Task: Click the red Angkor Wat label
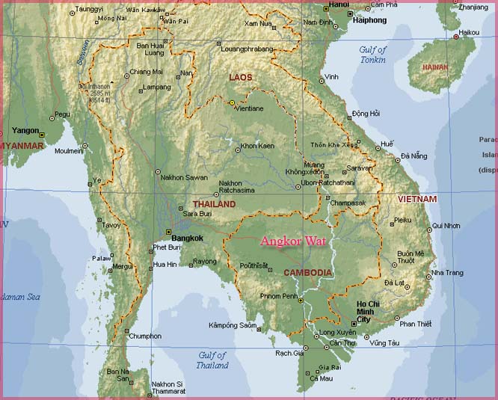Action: (294, 241)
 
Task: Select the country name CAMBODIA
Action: (307, 273)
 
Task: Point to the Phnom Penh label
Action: (278, 297)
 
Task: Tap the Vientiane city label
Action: (249, 108)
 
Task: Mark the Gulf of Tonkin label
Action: (372, 54)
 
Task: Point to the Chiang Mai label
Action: (146, 72)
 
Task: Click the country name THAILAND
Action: (214, 204)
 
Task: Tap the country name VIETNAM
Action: (416, 200)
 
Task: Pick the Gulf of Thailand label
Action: (213, 360)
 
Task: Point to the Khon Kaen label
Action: (256, 146)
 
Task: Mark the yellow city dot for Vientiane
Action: (232, 103)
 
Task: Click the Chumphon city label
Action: (145, 336)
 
